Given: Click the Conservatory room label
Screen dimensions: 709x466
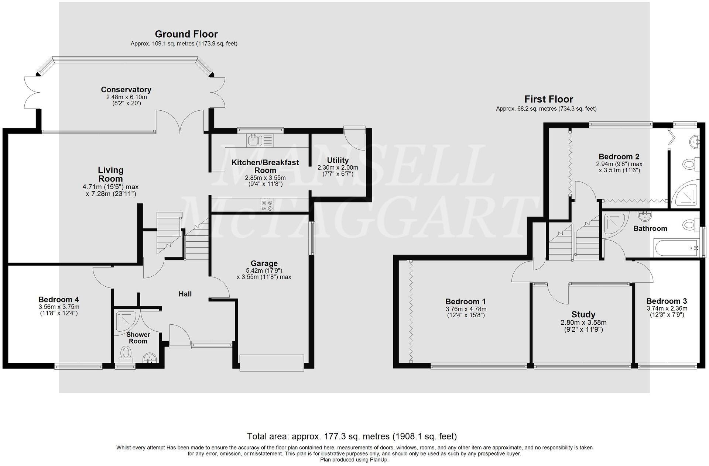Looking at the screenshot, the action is [126, 90].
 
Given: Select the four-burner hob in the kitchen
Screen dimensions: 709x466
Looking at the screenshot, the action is [267, 205].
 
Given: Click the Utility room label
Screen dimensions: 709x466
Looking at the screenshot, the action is [338, 160].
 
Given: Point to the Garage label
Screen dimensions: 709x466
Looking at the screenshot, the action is [264, 263].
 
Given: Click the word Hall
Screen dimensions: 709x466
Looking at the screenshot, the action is [185, 294].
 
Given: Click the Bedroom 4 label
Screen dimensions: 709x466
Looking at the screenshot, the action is [58, 300].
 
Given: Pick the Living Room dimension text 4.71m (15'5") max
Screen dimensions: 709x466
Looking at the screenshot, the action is [110, 187].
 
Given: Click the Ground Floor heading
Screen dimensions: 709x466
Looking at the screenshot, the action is [186, 34].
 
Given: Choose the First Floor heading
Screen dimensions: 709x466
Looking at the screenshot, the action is [548, 99].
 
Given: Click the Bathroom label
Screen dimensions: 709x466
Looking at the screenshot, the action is [650, 229].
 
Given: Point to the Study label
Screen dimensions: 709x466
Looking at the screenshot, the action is [583, 315].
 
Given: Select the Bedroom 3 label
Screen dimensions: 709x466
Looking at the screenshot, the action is [666, 301].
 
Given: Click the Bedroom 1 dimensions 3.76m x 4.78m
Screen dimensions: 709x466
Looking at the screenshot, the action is [466, 309].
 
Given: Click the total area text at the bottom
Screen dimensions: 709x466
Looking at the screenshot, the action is [352, 436].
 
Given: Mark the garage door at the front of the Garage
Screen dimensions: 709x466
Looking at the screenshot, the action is [272, 363].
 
